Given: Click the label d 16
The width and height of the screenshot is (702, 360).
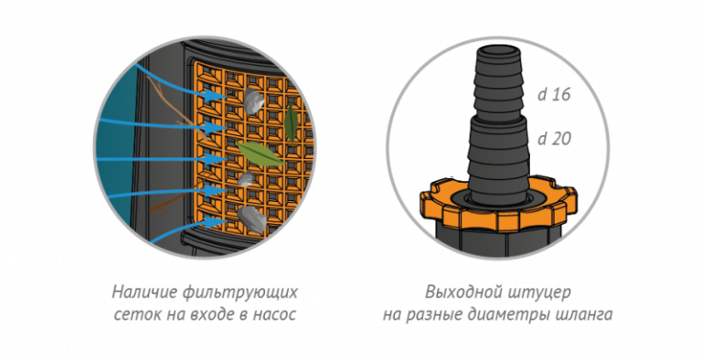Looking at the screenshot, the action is (x=554, y=95).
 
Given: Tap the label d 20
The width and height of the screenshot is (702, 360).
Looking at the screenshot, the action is (x=554, y=139).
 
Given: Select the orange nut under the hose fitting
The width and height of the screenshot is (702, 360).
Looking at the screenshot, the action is (x=499, y=205).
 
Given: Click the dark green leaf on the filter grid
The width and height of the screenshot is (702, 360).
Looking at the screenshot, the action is (x=291, y=123).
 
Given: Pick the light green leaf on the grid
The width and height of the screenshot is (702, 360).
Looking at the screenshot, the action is (x=261, y=154).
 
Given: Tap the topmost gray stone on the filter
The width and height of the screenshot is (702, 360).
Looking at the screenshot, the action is (x=252, y=99).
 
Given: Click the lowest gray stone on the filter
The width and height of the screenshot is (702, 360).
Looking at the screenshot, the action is (x=252, y=219).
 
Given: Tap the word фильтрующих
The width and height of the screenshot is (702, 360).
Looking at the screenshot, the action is (x=241, y=293).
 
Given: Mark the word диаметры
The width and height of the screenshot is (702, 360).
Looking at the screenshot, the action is (x=509, y=315).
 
